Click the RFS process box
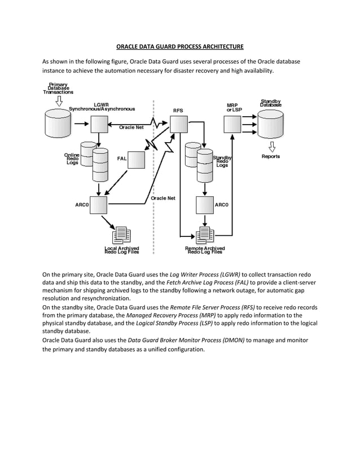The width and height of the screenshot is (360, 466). coord(178,124)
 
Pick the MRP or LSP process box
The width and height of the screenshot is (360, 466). coord(232,124)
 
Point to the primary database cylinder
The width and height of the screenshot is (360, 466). coord(58,124)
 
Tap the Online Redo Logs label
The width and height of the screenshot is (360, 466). coord(72,159)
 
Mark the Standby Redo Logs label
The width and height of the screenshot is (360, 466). coord(222,161)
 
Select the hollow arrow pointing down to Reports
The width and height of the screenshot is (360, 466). coord(271,146)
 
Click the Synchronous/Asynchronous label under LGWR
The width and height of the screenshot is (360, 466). coord(102,108)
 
